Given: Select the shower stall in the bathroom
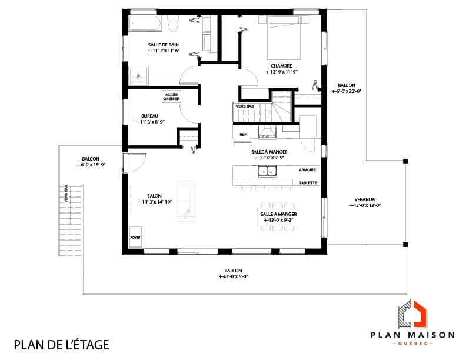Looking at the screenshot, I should [x=139, y=75].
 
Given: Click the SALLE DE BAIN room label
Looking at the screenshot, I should [x=163, y=45].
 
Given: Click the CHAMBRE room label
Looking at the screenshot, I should [x=282, y=66].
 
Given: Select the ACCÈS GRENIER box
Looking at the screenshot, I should [x=171, y=96].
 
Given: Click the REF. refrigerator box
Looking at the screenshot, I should [x=242, y=135].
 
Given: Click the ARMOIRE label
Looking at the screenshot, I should [x=307, y=170].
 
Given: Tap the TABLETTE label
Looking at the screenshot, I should [x=308, y=182].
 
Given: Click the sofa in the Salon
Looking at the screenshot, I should [x=186, y=199].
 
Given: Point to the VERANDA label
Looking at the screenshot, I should [x=365, y=199].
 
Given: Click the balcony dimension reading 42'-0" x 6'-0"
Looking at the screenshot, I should [x=233, y=276].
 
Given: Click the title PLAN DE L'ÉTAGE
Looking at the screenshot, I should [x=61, y=344].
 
